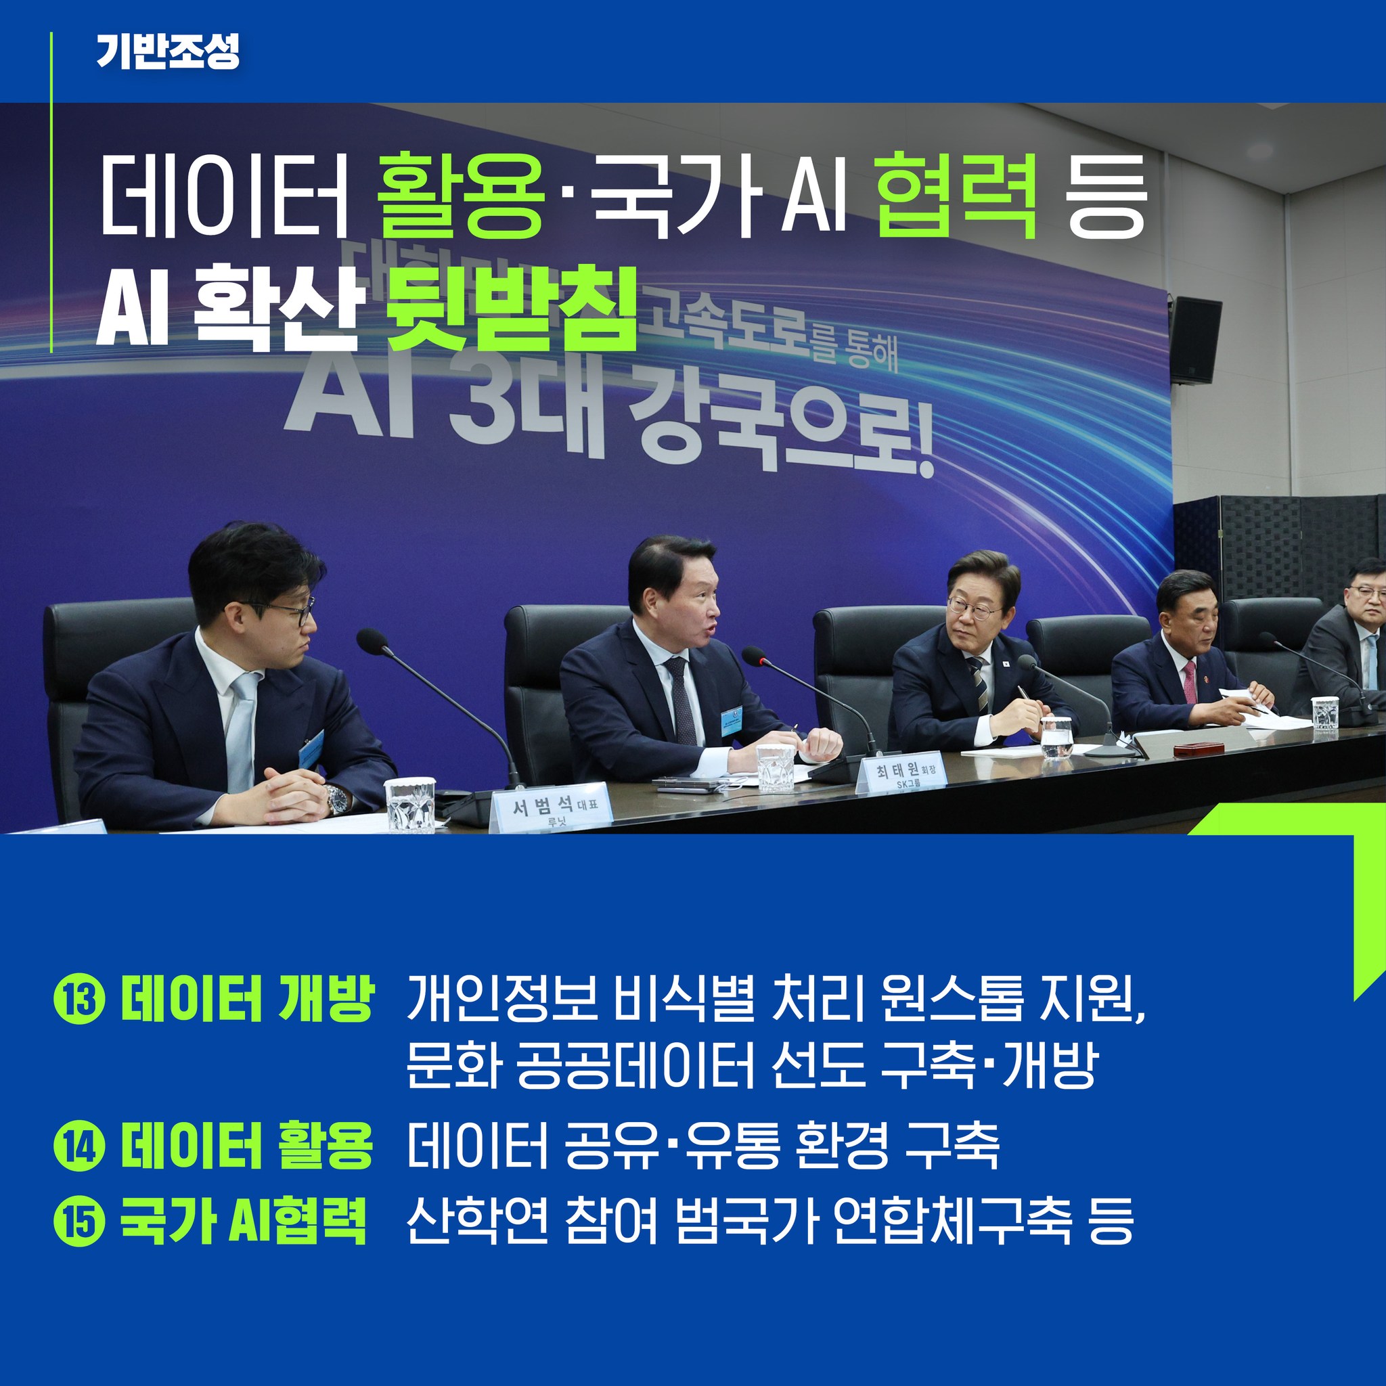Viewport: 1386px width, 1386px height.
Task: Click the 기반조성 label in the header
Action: tap(168, 52)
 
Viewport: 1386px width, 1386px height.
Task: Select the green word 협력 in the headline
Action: tap(957, 195)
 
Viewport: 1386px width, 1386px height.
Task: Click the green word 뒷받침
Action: tap(511, 310)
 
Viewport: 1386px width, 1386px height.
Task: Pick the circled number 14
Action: tap(80, 1148)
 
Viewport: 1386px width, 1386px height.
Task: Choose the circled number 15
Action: tap(80, 1222)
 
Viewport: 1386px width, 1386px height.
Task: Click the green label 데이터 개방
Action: tap(247, 999)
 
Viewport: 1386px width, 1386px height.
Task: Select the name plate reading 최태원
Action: tap(901, 774)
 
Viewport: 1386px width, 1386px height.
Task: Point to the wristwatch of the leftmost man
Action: tap(335, 799)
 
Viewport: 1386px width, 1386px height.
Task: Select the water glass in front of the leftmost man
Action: tap(409, 804)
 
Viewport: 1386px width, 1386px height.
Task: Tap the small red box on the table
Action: tap(1198, 749)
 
